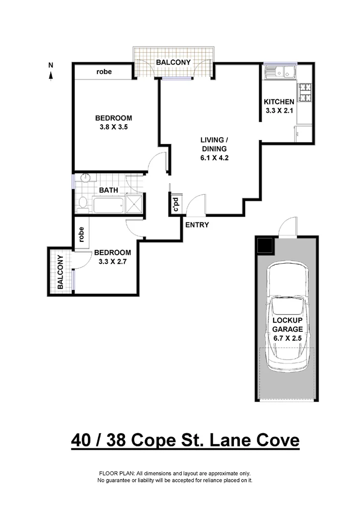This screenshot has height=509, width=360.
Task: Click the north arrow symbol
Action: point(51,74)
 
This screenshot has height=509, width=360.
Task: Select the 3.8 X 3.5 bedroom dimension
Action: point(113,127)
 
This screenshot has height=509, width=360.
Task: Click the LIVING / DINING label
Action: point(214,144)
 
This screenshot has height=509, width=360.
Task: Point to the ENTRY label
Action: point(197,224)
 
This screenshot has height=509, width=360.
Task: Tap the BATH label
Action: point(108,190)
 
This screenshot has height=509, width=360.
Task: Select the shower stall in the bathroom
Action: point(134,203)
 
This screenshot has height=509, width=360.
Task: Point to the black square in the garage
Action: point(264,244)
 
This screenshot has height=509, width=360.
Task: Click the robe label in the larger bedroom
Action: point(104,72)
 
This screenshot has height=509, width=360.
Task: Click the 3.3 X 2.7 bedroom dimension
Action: point(112,261)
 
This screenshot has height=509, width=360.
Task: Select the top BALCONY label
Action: point(173,63)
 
